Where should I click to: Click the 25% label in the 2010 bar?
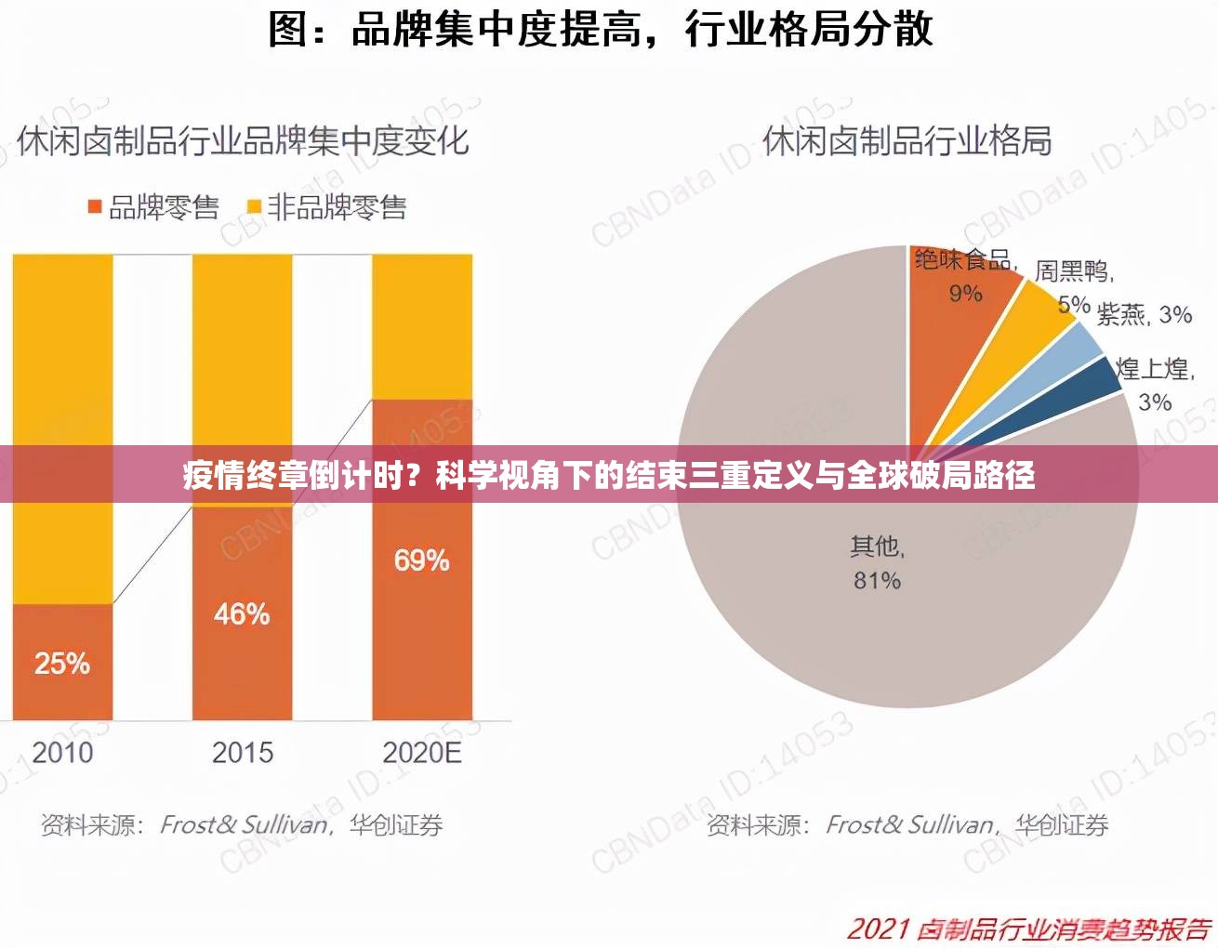(x=62, y=663)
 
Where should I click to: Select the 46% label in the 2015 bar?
(x=242, y=613)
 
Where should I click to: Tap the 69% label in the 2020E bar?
(x=421, y=560)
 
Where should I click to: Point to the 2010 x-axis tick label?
(x=62, y=752)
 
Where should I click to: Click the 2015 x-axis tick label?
(x=242, y=752)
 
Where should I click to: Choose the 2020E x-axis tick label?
(x=422, y=752)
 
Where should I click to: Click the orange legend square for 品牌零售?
(x=95, y=206)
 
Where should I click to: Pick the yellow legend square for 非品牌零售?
(x=253, y=206)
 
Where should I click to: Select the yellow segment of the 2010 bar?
(x=62, y=372)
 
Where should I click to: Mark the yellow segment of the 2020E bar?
(x=422, y=325)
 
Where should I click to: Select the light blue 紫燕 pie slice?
(x=1069, y=358)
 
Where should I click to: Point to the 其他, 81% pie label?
(x=877, y=563)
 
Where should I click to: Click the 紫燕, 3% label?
(x=1144, y=315)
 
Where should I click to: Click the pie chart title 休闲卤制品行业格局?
(x=907, y=141)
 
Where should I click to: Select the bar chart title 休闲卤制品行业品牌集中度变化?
(x=243, y=141)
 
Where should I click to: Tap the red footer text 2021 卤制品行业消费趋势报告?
(x=1028, y=928)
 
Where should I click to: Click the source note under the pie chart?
(x=907, y=824)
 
